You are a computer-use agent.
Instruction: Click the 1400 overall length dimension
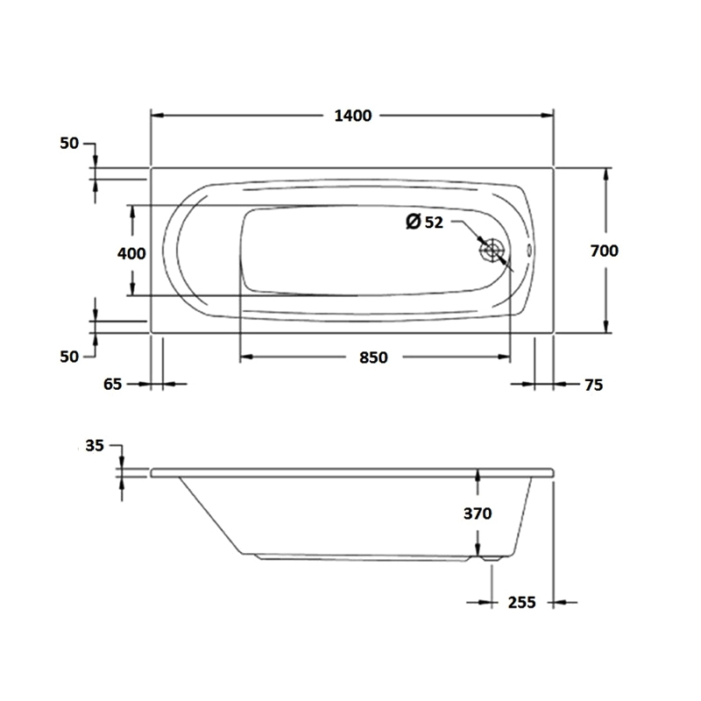click(353, 116)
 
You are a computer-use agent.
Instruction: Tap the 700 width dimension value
click(604, 251)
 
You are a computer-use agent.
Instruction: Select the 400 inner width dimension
click(131, 254)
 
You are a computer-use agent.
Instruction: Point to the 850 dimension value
click(373, 358)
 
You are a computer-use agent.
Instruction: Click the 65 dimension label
click(112, 384)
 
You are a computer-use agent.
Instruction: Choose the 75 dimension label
click(594, 385)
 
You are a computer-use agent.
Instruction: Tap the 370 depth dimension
click(478, 513)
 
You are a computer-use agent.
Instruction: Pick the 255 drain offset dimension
click(521, 603)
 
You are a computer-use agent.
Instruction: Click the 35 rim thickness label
click(95, 446)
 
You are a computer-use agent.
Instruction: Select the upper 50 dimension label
click(69, 144)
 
